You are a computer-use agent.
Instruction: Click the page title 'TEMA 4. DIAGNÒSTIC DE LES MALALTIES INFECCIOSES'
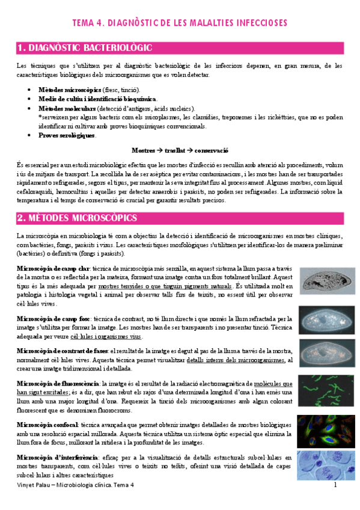click(179, 23)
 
